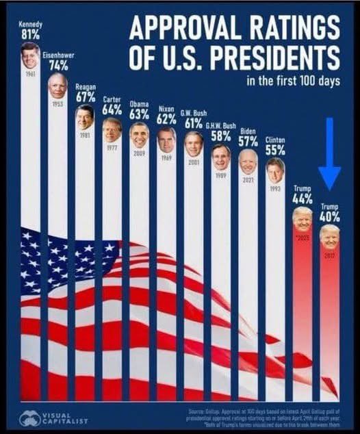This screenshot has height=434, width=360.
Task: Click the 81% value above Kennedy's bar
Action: click(x=30, y=35)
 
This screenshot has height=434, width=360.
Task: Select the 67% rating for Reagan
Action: click(x=86, y=97)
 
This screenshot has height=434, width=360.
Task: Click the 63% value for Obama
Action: click(x=139, y=114)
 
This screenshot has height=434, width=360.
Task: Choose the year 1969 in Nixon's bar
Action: click(x=166, y=157)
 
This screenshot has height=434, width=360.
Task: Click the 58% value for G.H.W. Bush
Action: click(x=220, y=136)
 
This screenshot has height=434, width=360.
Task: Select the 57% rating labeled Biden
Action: click(x=248, y=141)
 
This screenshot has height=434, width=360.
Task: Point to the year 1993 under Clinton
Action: click(x=275, y=188)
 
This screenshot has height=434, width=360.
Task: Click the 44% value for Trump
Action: click(x=302, y=199)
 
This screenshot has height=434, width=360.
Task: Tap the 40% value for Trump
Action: click(x=329, y=216)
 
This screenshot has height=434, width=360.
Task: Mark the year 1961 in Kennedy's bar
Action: click(x=30, y=72)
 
